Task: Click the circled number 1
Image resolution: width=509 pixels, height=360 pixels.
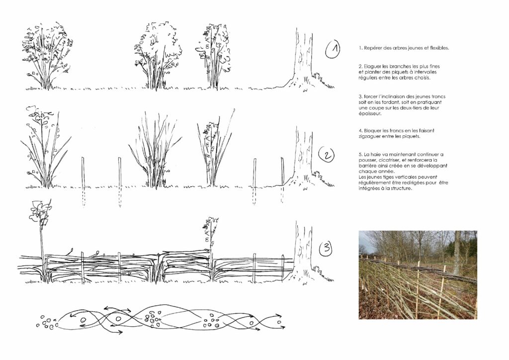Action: (333, 49)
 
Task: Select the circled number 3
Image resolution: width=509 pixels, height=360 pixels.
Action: (327, 249)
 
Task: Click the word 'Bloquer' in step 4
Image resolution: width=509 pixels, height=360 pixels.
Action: (373, 131)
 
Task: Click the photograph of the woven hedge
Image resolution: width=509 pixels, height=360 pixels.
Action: (418, 274)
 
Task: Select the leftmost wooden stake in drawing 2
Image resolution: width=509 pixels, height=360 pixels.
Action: (83, 182)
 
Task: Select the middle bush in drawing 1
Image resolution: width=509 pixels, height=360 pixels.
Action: (158, 55)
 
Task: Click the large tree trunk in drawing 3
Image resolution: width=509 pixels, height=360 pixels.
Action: (304, 252)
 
